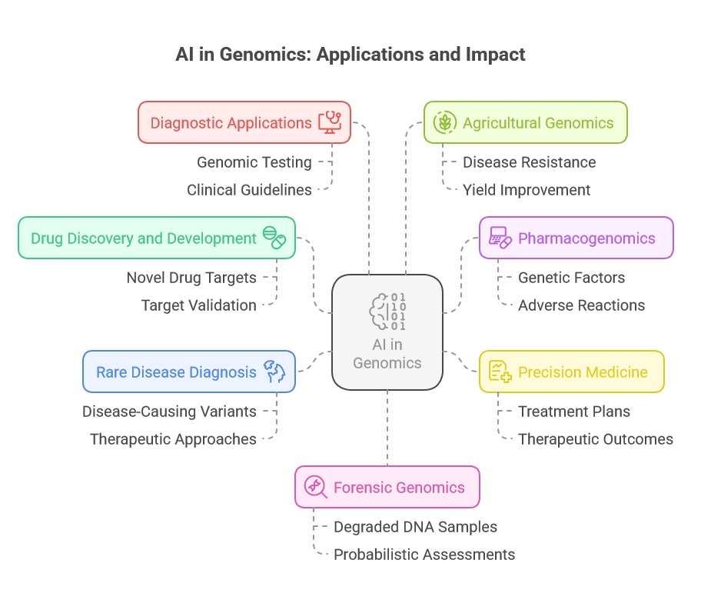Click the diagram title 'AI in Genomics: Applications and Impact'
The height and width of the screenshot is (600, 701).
point(350,55)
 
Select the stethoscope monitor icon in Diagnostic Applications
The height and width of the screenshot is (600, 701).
point(330,122)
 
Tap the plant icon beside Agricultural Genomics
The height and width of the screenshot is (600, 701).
point(444,122)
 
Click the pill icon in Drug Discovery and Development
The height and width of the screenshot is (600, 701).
point(274,238)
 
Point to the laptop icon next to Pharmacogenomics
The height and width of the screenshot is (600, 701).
point(500,238)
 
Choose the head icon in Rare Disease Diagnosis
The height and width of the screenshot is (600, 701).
point(274,372)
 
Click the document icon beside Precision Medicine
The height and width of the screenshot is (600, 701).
point(500,372)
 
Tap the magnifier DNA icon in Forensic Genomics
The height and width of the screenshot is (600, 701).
point(316,487)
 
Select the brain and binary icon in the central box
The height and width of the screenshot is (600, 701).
point(387,312)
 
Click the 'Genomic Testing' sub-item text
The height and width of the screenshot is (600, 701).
point(254,162)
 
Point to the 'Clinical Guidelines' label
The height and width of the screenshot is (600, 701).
point(249,190)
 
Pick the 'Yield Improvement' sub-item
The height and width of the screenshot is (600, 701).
point(527,190)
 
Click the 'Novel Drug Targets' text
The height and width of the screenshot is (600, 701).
point(191,278)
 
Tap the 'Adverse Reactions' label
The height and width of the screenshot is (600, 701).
point(581,305)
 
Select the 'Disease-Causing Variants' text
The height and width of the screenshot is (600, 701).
point(169,412)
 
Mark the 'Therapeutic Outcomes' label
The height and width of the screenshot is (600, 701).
point(596,439)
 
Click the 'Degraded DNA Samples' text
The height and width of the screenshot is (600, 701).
point(415,527)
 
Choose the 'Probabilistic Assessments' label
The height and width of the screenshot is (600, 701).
point(424,555)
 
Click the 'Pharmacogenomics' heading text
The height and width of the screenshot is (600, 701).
point(586,238)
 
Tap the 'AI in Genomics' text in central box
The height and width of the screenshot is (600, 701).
point(387,354)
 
